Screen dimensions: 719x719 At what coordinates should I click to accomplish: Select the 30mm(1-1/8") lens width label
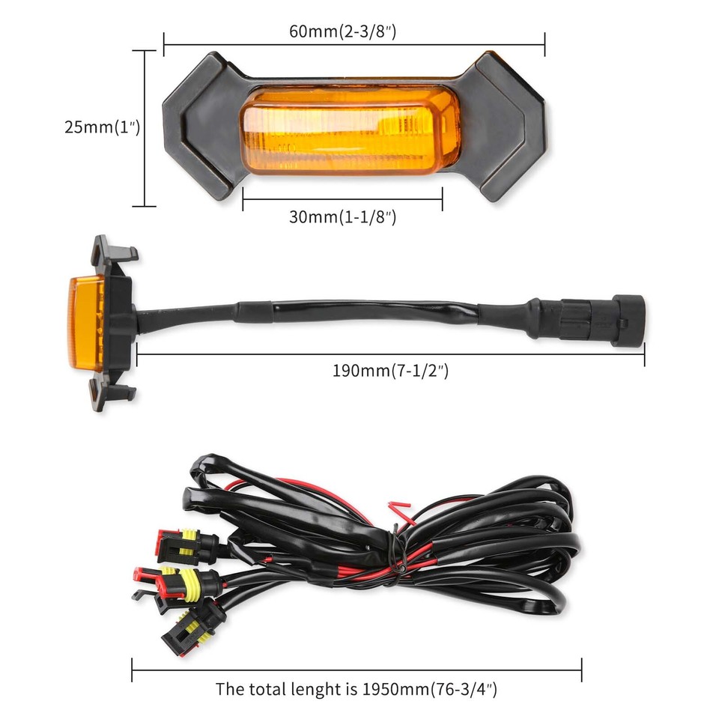click(x=342, y=218)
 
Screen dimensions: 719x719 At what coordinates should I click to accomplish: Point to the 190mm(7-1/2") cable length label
click(x=390, y=370)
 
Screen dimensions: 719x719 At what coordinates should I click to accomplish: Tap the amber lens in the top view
click(x=350, y=130)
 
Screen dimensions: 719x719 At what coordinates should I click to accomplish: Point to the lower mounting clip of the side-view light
click(x=113, y=392)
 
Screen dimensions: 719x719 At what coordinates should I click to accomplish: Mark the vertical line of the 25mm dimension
click(x=144, y=127)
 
